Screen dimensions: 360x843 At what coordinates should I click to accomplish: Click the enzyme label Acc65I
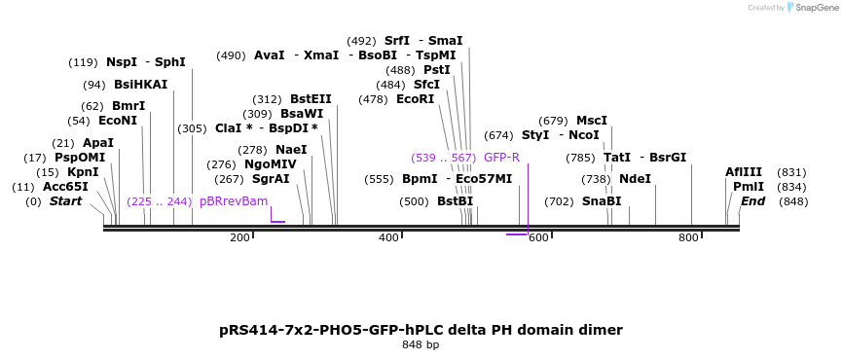[65, 187]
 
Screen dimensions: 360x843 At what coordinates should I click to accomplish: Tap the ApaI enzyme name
[97, 143]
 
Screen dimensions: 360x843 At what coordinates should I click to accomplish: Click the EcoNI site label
[118, 121]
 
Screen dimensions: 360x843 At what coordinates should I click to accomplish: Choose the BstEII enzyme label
[311, 99]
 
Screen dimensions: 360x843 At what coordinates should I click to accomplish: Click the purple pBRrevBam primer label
[233, 201]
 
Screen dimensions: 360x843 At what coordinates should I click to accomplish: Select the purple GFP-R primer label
[501, 157]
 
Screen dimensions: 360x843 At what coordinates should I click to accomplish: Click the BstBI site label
[455, 201]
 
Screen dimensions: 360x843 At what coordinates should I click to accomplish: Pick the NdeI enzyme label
[635, 179]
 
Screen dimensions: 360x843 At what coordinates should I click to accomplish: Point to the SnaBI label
[601, 201]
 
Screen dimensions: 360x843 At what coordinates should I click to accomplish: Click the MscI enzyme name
[592, 121]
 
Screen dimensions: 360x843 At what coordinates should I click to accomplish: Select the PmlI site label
[749, 187]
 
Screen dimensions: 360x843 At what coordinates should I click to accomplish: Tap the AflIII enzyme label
[744, 172]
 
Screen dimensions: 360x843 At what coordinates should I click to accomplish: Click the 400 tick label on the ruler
[388, 238]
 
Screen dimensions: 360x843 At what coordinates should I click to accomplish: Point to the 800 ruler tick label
[689, 238]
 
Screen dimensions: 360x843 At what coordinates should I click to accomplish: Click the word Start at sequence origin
[65, 201]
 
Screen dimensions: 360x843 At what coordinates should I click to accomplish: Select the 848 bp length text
[421, 344]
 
